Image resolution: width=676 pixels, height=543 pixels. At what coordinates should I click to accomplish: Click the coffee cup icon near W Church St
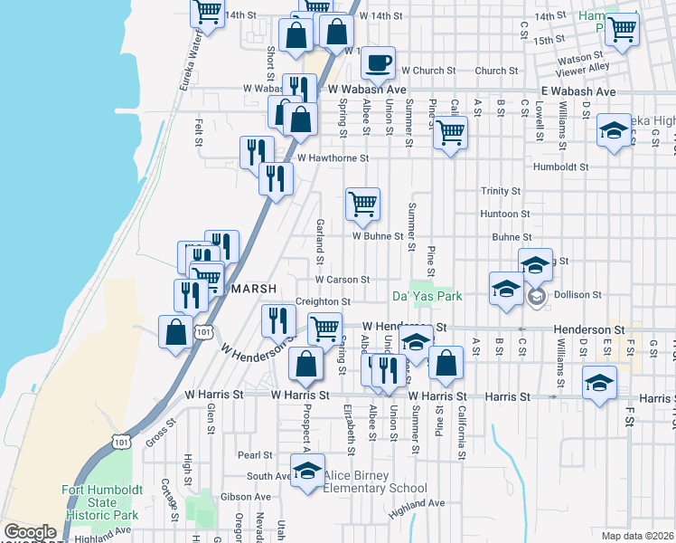[x=378, y=63]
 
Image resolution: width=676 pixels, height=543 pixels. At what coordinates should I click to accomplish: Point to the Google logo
[x=30, y=532]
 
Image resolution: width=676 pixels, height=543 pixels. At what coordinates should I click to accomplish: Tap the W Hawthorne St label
[x=333, y=157]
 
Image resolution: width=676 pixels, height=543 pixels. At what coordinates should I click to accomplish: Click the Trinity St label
[x=501, y=191]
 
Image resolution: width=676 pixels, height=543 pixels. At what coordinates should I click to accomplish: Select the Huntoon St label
[x=499, y=214]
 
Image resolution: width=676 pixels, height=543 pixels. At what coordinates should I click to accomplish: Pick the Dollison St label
[x=578, y=295]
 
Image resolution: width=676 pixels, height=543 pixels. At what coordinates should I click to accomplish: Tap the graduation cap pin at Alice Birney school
[x=307, y=471]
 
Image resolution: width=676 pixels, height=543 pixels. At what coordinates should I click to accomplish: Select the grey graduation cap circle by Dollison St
[x=536, y=297]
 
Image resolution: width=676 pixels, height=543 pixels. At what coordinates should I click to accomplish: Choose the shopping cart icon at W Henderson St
[x=324, y=328]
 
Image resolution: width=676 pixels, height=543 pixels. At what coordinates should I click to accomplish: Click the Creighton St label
[x=323, y=301]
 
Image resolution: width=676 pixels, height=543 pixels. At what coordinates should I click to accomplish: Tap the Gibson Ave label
[x=251, y=497]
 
